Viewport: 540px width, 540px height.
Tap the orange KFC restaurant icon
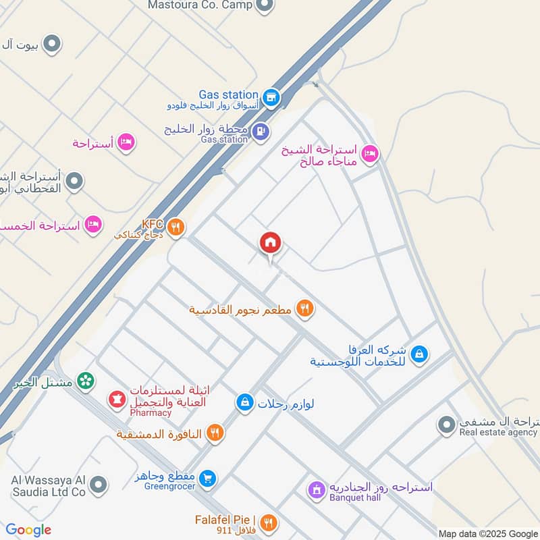pyautogui.click(x=175, y=227)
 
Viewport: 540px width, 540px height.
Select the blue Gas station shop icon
pyautogui.click(x=271, y=97)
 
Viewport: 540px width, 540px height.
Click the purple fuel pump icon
pyautogui.click(x=261, y=130)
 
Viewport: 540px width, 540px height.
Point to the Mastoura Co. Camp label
pyautogui.click(x=200, y=5)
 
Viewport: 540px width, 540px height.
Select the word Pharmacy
pyautogui.click(x=151, y=412)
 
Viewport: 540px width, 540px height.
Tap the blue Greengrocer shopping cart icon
pyautogui.click(x=209, y=478)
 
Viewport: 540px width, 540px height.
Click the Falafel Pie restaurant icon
pyautogui.click(x=269, y=522)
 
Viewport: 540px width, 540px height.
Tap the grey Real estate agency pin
pyautogui.click(x=446, y=425)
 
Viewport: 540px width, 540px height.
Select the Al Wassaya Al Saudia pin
pyautogui.click(x=99, y=485)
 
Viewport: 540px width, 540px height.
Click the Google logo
pyautogui.click(x=28, y=530)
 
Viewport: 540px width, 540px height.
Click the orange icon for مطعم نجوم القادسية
pyautogui.click(x=305, y=309)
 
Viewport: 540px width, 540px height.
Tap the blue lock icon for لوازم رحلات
pyautogui.click(x=244, y=403)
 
